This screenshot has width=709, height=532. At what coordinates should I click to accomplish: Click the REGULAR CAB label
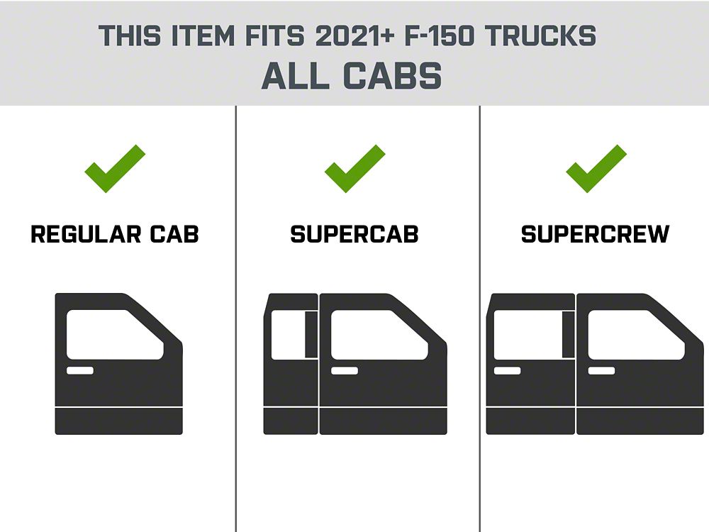click(x=115, y=234)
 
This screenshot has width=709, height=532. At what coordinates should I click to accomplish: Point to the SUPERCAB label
click(x=354, y=234)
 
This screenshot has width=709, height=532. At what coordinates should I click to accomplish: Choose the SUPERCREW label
click(x=595, y=234)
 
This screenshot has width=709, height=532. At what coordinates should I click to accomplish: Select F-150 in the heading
click(x=439, y=35)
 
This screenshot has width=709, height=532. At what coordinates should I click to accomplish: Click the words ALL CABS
click(x=352, y=76)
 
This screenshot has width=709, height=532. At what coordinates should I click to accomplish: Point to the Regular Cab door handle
click(x=80, y=370)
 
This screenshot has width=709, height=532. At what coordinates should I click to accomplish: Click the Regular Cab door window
click(x=115, y=335)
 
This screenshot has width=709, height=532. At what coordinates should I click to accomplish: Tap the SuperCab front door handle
click(x=345, y=370)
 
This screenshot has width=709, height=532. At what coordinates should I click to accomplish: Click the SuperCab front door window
click(x=379, y=335)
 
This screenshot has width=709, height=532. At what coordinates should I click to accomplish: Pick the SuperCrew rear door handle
click(x=508, y=370)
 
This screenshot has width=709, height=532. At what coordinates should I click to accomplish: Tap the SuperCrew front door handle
click(x=601, y=370)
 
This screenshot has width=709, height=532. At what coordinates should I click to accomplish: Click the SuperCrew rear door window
click(x=527, y=336)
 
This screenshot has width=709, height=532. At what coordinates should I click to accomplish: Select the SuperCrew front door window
click(x=636, y=335)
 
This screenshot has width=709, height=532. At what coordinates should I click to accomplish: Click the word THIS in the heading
click(x=130, y=35)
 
